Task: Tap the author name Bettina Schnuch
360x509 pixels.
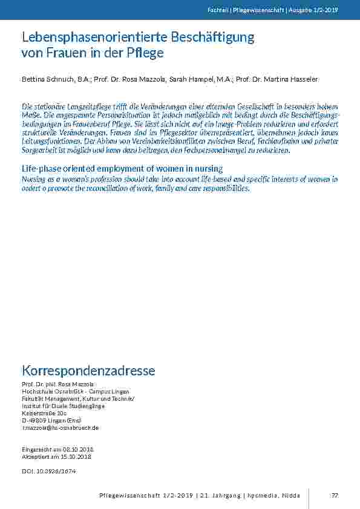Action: coord(46,80)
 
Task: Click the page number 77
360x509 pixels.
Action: coord(334,495)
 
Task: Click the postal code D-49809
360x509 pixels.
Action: coord(33,420)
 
